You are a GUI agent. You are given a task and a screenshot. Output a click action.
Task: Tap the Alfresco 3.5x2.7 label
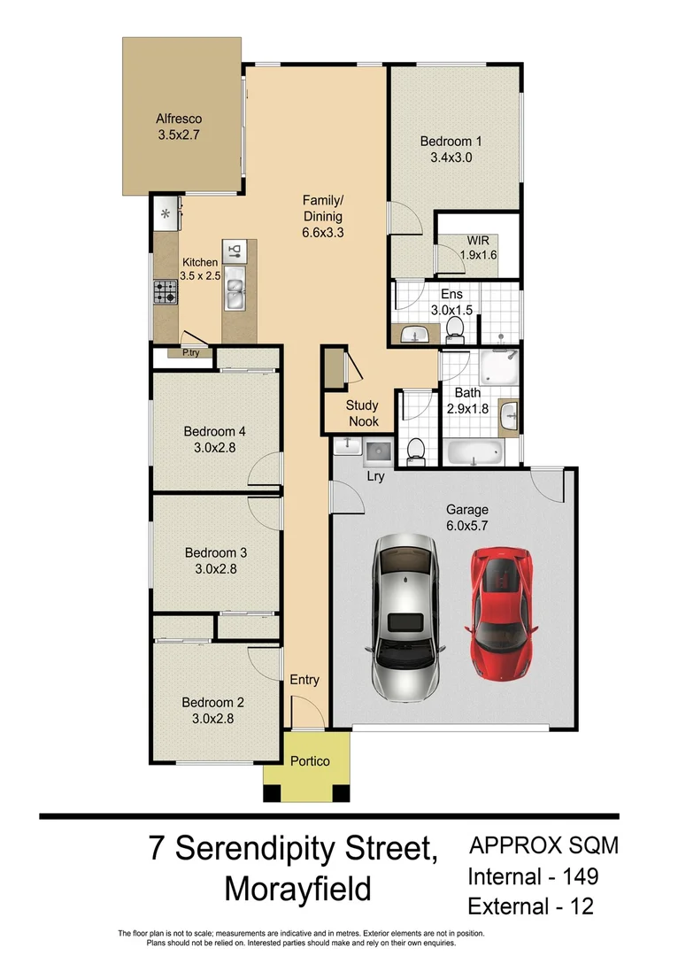179,127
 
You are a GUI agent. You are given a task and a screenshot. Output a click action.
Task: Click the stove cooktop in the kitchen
166,290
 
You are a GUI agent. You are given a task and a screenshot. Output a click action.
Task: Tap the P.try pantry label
190,353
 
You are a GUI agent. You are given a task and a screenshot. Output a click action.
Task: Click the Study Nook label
363,413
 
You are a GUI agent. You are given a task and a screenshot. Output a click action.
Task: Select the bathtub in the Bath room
473,454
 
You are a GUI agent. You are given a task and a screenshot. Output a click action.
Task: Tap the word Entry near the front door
304,680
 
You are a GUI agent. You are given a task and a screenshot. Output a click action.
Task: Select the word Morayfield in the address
297,889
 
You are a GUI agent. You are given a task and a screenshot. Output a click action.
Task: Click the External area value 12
581,906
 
